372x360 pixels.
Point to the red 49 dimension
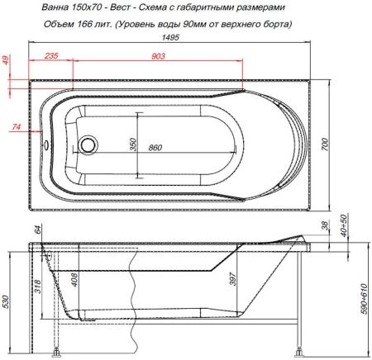pyautogui.click(x=7, y=61)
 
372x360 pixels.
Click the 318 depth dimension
pyautogui.click(x=37, y=287)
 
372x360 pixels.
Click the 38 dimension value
pyautogui.click(x=324, y=225)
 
